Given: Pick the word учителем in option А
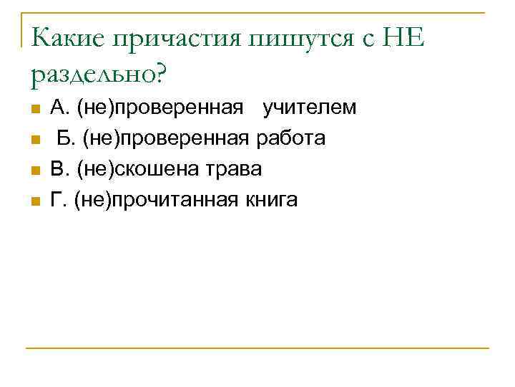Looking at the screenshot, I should (309, 108).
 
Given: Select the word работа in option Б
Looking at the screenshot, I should (290, 138).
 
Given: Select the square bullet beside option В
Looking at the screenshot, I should (34, 171).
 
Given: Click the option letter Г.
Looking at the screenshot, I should (57, 200).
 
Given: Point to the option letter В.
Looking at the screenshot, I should (57, 169).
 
